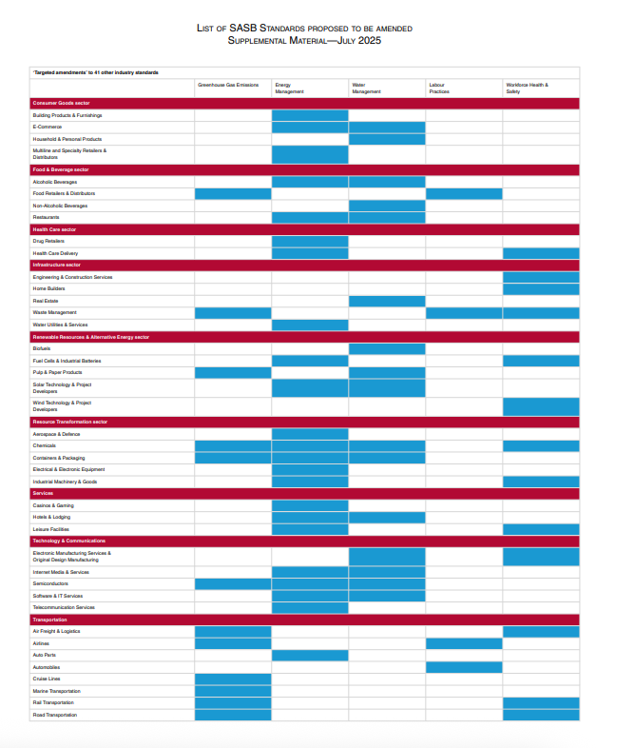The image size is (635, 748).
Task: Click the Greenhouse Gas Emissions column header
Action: (x=228, y=85)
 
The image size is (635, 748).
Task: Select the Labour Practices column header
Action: (x=439, y=88)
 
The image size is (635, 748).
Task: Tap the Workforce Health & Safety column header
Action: (x=528, y=88)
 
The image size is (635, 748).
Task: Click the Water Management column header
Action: (x=366, y=88)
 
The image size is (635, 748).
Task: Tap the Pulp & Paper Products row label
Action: (x=58, y=372)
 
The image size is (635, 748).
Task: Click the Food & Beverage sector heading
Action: (x=60, y=169)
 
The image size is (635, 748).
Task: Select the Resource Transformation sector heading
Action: (x=69, y=422)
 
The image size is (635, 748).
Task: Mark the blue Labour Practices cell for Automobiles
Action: (x=464, y=667)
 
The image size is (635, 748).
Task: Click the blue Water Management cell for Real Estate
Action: (x=386, y=301)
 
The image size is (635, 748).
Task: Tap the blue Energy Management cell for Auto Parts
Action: (x=309, y=655)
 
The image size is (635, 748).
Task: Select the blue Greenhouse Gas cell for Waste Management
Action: (x=232, y=312)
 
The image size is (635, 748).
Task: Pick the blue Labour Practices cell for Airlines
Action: (x=464, y=643)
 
